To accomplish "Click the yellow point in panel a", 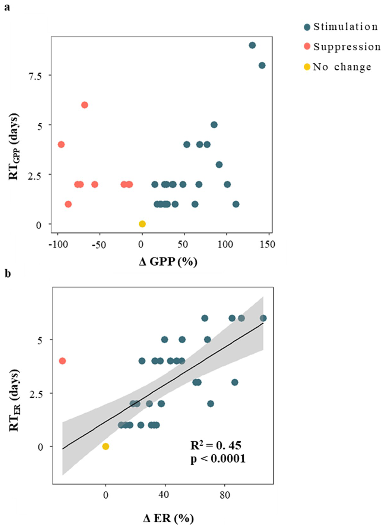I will pos(142,224).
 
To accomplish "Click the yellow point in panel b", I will pos(106,446).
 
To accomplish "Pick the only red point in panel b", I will pos(62,361).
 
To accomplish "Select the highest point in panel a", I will pos(252,45).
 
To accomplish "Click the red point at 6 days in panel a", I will pos(84,105).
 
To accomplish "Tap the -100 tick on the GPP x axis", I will pos(58,244).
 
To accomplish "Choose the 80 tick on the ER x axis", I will pos(225,495).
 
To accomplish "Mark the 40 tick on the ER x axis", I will pos(164,495).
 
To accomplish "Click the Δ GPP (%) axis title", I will pos(168,261).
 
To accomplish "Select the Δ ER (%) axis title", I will pos(168,519).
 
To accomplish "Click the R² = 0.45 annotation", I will pos(216,445).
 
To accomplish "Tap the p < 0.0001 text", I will pos(218,459).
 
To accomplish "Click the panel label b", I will pos(8,274).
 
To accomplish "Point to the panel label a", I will pos(7,7).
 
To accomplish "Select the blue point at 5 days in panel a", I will pos(214,125).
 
